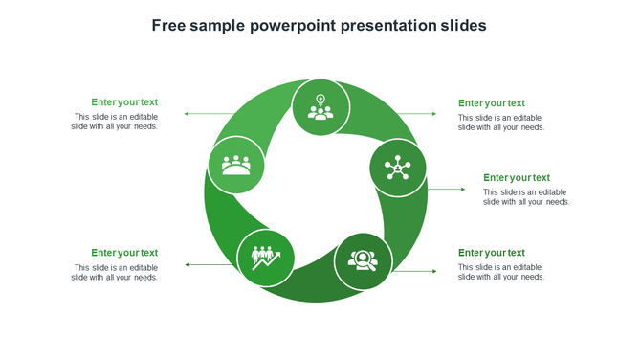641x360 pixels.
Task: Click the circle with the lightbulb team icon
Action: (320, 107)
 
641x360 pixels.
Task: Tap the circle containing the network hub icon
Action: (397, 169)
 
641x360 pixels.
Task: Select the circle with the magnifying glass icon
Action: (363, 260)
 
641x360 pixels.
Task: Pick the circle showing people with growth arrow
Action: (265, 258)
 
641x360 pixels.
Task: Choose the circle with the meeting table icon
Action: (236, 165)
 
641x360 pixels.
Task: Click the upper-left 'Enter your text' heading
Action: (124, 102)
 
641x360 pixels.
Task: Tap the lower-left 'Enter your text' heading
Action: (124, 253)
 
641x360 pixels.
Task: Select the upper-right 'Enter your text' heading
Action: (492, 103)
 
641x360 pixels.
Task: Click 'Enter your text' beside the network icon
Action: (517, 178)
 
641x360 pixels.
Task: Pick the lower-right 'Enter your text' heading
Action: (492, 253)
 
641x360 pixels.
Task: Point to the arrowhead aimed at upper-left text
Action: (187, 114)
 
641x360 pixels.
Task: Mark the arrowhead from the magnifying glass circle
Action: (433, 272)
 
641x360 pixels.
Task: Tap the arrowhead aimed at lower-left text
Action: (188, 264)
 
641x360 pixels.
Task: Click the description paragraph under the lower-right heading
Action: (501, 272)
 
